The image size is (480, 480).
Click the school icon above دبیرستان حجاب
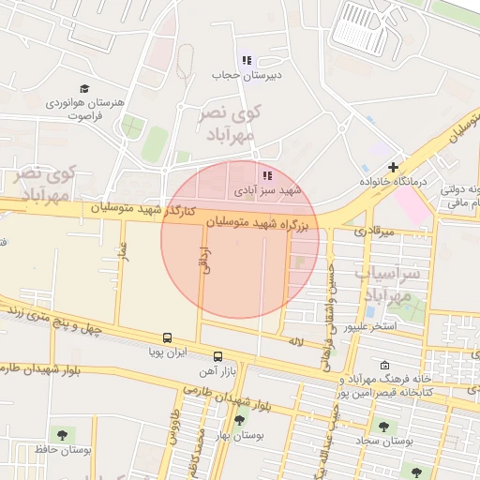(x=247, y=60)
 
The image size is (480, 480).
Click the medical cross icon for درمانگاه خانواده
(x=393, y=167)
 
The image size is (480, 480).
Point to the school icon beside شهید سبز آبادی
(x=267, y=174)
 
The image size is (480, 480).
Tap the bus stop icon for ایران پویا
(x=167, y=337)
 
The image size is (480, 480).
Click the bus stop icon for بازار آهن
(x=217, y=356)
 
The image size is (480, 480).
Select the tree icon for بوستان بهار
(x=239, y=420)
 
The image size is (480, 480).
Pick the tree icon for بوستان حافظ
(x=62, y=434)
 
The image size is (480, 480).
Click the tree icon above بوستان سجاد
(x=384, y=426)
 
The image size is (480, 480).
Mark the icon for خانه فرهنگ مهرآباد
(x=385, y=366)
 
